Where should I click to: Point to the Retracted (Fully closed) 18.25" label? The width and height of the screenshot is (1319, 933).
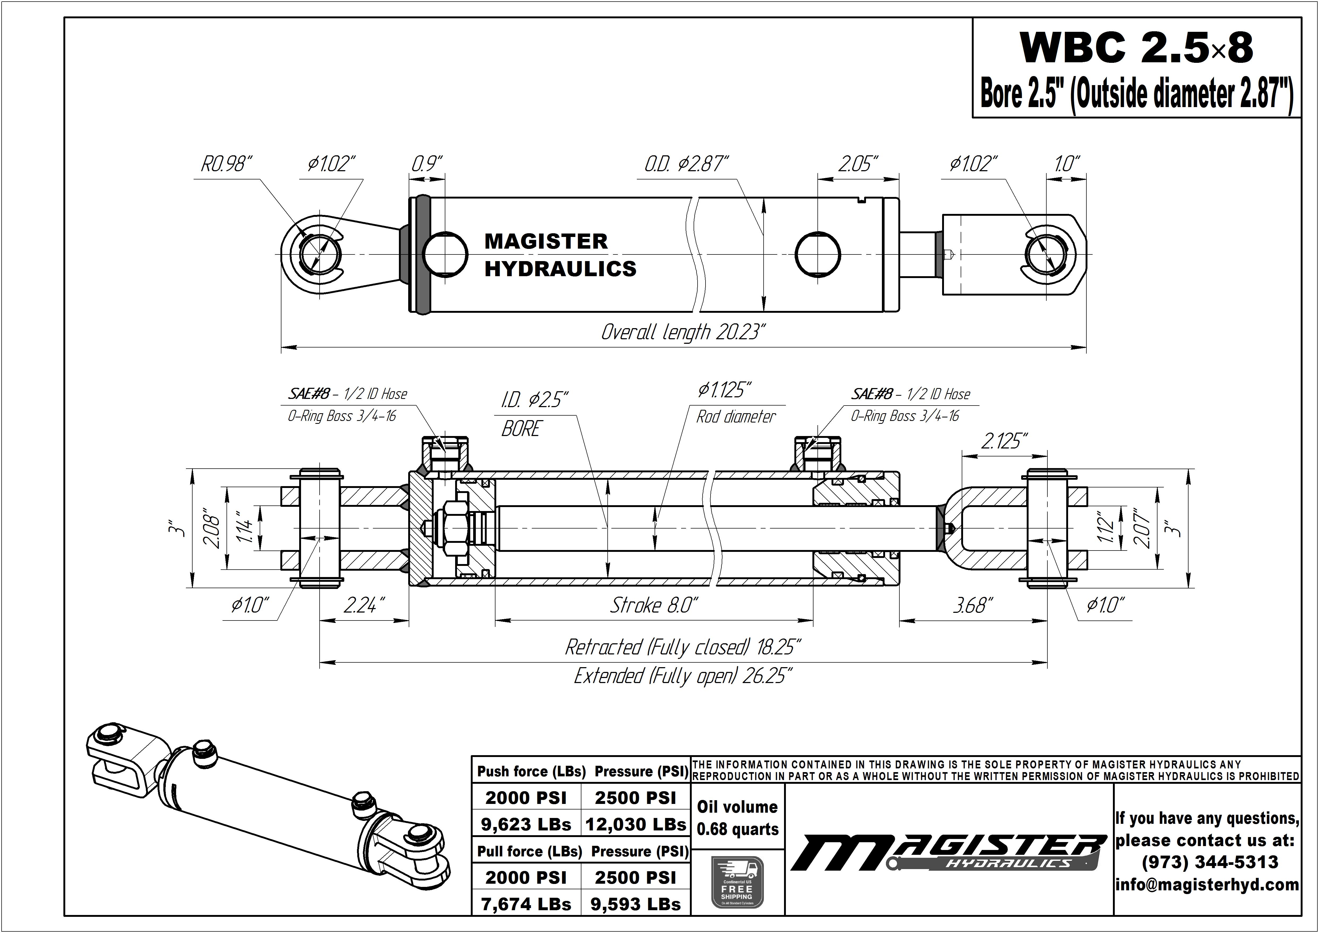683,648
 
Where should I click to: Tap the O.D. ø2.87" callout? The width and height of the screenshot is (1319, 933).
686,164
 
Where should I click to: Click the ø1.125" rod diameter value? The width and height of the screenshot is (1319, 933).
725,391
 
